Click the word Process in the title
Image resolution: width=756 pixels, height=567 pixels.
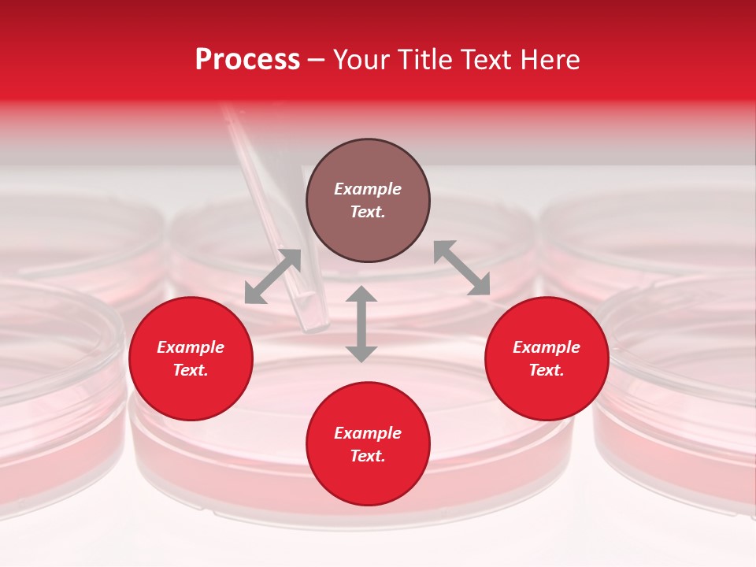[x=247, y=60]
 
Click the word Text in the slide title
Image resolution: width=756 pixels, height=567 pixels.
[x=490, y=60]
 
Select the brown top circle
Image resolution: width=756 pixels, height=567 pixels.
[x=368, y=201]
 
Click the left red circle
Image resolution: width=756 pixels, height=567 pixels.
[x=191, y=358]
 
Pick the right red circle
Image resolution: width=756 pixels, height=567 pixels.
[x=547, y=358]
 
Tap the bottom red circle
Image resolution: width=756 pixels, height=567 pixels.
[x=368, y=444]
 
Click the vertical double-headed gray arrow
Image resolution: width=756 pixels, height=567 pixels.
[x=361, y=324]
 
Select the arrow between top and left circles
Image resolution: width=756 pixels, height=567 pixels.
[x=272, y=276]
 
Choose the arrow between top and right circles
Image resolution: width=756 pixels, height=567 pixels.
[x=461, y=268]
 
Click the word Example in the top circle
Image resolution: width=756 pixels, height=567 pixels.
[x=368, y=189]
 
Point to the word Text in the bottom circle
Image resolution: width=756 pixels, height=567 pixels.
[x=368, y=456]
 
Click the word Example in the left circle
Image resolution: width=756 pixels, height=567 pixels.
[x=191, y=347]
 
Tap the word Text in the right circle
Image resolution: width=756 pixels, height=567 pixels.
[x=547, y=370]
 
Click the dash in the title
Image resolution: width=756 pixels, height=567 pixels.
[x=317, y=60]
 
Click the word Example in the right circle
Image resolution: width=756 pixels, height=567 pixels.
[x=547, y=347]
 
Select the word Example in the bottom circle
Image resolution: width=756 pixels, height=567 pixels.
[x=368, y=433]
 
